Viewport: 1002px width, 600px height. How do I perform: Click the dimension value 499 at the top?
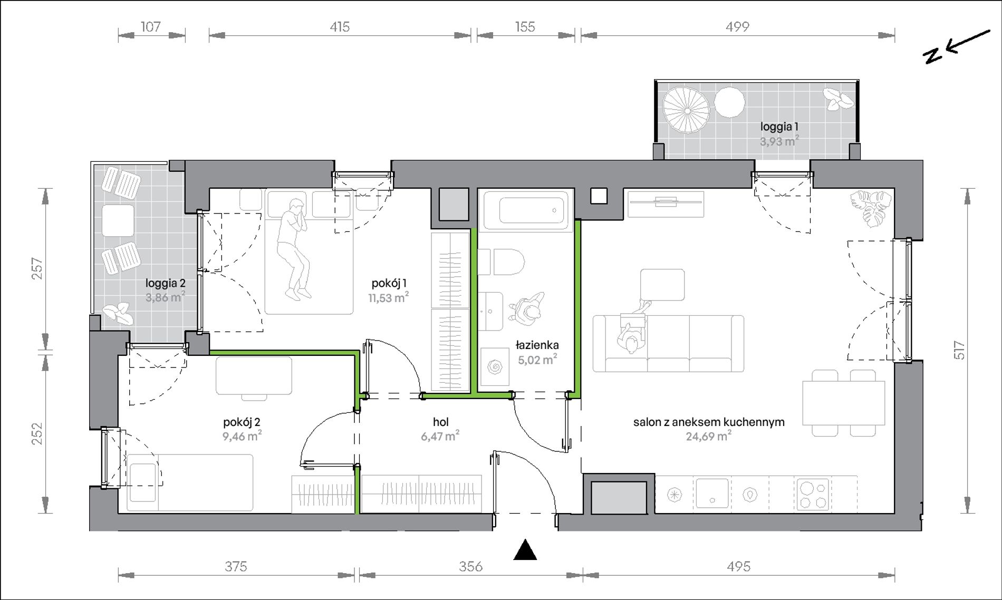(737, 26)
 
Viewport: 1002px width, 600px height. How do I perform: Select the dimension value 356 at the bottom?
(470, 566)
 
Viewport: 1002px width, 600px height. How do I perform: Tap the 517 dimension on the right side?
(958, 351)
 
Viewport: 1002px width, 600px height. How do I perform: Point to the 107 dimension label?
(151, 26)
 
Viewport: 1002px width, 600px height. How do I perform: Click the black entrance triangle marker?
(525, 550)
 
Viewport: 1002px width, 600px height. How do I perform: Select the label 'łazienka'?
(537, 345)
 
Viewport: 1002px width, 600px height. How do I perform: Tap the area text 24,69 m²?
(708, 436)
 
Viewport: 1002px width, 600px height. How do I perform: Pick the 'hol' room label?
(441, 422)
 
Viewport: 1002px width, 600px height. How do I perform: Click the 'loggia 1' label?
(779, 127)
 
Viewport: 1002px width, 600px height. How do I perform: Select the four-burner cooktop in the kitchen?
(812, 494)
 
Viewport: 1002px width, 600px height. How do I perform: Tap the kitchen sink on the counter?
(712, 494)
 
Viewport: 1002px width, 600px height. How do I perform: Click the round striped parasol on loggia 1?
(686, 111)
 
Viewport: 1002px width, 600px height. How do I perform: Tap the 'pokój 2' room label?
(242, 422)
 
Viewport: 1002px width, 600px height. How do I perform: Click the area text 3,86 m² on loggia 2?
(165, 297)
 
